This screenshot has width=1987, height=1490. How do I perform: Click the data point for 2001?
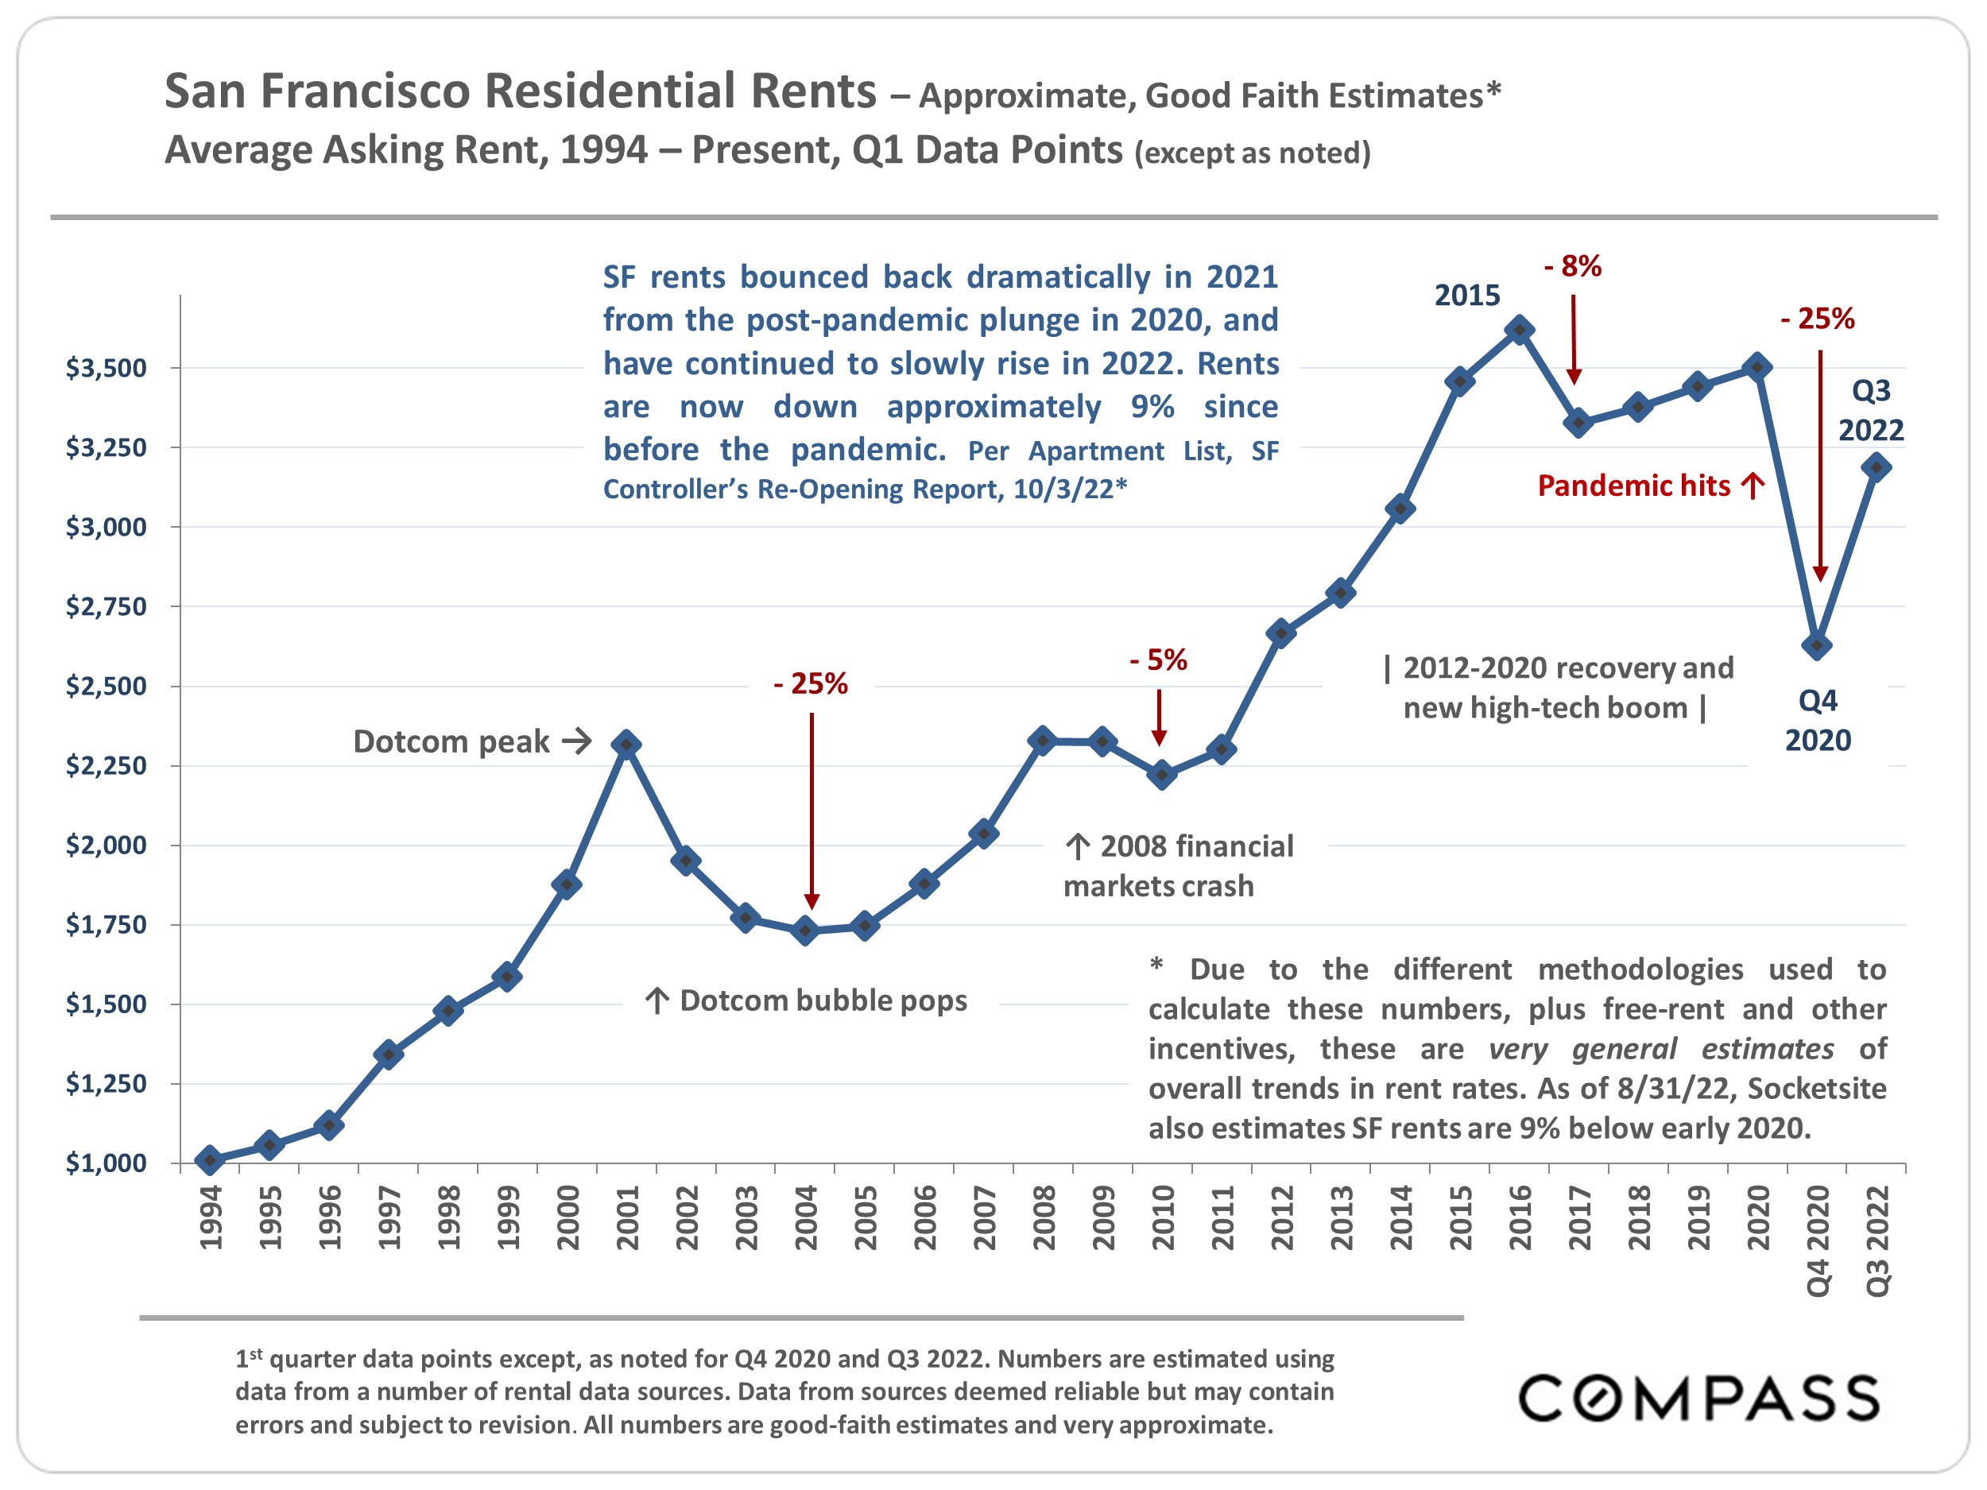click(x=626, y=745)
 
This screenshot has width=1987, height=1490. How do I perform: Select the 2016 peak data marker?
click(x=1519, y=330)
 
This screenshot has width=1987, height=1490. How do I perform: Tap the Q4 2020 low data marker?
click(x=1817, y=644)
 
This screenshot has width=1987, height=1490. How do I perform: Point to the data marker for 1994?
click(x=210, y=1159)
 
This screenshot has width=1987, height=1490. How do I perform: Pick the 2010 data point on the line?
click(x=1161, y=774)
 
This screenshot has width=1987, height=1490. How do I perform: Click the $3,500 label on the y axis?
click(x=106, y=368)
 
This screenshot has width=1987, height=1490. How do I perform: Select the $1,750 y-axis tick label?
click(x=106, y=924)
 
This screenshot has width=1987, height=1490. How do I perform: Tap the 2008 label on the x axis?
click(x=1044, y=1218)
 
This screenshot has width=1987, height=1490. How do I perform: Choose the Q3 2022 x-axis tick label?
click(x=1877, y=1240)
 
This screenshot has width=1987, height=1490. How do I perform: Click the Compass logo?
click(x=1698, y=1399)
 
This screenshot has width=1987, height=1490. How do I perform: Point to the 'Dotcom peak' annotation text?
click(x=451, y=742)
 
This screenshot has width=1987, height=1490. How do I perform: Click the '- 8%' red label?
click(x=1573, y=266)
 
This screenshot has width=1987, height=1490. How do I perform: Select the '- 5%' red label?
click(x=1159, y=660)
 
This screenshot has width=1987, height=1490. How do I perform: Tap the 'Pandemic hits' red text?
click(x=1634, y=486)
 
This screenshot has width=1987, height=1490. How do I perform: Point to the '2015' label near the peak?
click(x=1467, y=296)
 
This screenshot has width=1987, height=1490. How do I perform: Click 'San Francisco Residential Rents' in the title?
click(x=520, y=91)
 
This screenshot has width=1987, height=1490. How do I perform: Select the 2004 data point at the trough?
click(x=806, y=931)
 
